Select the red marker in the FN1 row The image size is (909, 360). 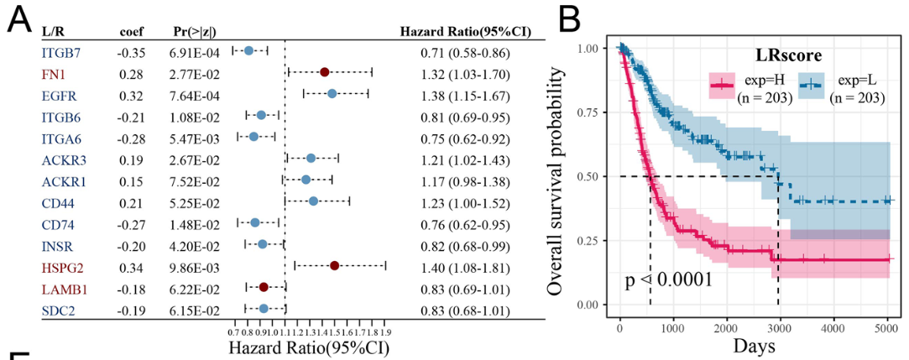(325, 73)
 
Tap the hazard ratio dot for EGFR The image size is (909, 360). (332, 94)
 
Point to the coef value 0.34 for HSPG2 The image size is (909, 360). (129, 266)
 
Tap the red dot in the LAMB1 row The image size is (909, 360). (264, 287)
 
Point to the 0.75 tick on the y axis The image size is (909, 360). (593, 112)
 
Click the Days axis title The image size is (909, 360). (752, 345)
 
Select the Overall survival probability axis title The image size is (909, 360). (556, 176)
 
